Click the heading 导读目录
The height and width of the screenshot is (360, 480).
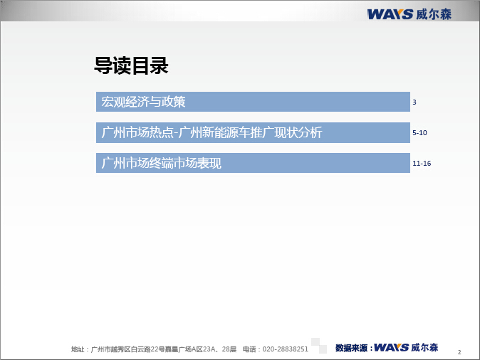point(131,65)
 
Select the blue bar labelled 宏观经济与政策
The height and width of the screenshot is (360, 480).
point(253,102)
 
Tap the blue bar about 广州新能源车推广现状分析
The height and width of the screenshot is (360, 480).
point(253,132)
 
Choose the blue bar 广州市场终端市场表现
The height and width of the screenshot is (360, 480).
point(253,163)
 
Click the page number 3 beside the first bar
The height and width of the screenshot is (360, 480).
point(414,102)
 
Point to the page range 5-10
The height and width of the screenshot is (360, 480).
point(419,133)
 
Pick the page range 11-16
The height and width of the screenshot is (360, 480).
point(422,164)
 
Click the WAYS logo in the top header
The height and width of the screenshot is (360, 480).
point(390,14)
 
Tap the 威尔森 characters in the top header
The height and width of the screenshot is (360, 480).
point(434,14)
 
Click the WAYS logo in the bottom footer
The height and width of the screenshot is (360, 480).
point(392,347)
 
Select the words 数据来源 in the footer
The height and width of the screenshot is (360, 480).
point(351,348)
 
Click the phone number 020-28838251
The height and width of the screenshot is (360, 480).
point(286,349)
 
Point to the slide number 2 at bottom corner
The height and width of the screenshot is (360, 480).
point(459,352)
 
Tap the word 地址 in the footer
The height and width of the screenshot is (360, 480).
point(78,349)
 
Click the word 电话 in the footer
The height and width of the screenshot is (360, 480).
point(249,349)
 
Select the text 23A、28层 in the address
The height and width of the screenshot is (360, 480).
point(220,349)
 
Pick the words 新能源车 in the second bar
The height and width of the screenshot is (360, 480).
point(226,132)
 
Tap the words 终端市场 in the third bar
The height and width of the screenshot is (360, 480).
point(173,163)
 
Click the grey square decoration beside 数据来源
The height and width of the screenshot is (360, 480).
point(319,346)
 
